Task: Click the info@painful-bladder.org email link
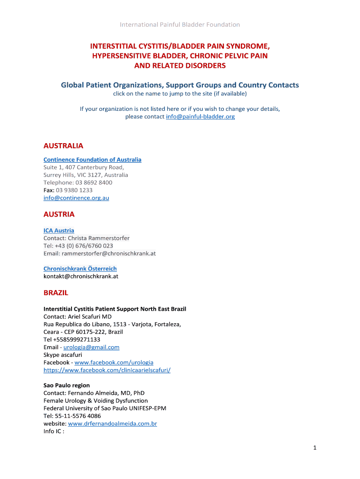coord(200,116)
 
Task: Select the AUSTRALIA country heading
coord(63,146)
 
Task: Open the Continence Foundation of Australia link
coord(92,160)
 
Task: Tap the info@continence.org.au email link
coord(76,198)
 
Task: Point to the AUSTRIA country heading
coord(59,214)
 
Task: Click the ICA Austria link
coord(58,230)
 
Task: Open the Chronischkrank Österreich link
coord(80,269)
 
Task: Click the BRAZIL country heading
coord(56,293)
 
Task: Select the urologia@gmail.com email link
coord(91,347)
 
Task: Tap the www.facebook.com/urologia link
coord(114,363)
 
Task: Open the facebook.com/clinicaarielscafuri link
coord(107,370)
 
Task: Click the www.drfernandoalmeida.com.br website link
coord(112,424)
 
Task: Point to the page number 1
coord(315,448)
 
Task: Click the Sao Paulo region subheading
coord(66,385)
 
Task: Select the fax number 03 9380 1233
coord(74,190)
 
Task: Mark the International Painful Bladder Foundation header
coord(180,24)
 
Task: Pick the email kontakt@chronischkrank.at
coord(81,276)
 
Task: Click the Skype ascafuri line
coord(63,355)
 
